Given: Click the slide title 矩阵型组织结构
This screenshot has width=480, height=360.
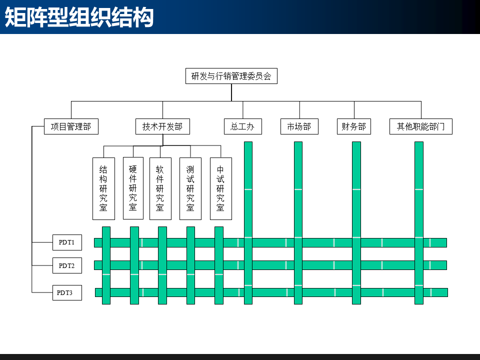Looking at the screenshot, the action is (78, 17).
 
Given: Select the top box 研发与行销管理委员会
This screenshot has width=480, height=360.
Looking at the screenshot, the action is (231, 76).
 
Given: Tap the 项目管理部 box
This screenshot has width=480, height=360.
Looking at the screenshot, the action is (71, 126).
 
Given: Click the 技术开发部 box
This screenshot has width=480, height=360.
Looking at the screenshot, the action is (162, 126).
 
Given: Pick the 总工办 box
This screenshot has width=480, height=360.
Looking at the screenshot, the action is (242, 126).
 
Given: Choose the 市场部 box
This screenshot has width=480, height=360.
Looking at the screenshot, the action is (299, 126).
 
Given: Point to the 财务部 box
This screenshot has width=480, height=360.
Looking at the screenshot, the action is (354, 126).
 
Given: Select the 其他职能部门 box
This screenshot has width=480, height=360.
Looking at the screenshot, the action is (421, 126).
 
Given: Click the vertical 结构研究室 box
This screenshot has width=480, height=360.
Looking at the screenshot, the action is (103, 188).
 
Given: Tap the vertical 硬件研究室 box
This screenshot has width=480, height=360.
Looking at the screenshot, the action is (133, 188).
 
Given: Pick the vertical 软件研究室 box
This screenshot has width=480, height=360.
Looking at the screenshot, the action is (160, 188).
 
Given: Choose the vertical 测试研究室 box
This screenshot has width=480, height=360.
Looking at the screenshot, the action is (190, 188).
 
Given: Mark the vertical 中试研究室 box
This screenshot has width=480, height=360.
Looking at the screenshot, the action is (220, 188).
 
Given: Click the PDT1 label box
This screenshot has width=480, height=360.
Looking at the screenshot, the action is (67, 242).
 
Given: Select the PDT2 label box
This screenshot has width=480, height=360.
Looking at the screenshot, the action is (67, 265).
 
